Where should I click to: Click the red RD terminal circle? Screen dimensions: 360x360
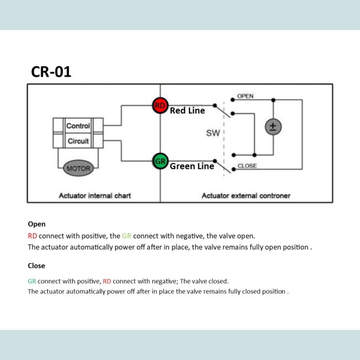160,106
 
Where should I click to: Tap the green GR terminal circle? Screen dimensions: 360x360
160,161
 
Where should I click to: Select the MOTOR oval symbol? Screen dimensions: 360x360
78,169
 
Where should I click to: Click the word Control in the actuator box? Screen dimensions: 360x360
78,126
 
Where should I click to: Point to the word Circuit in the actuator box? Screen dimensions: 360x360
78,142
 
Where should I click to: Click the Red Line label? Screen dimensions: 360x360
187,110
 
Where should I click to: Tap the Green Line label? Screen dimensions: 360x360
192,166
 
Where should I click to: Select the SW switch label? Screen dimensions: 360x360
212,133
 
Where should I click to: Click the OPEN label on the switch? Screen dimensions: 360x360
246,96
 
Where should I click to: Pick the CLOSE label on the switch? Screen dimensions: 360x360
247,166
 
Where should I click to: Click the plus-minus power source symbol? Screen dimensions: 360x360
273,127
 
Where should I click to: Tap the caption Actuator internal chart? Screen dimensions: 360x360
94,195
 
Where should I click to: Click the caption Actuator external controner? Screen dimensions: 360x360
246,195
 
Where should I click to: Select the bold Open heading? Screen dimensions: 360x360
37,224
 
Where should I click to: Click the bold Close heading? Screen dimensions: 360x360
37,266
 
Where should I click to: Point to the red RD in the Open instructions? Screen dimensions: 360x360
32,235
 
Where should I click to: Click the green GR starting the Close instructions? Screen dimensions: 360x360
32,282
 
